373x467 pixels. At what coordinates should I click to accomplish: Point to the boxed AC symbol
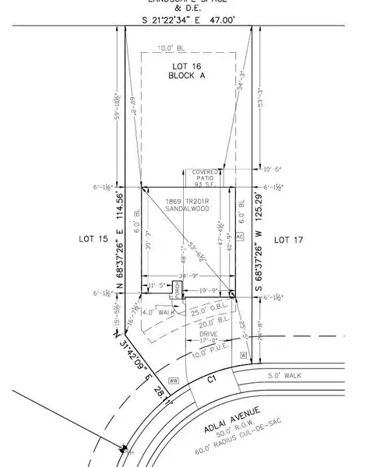[x=240, y=235]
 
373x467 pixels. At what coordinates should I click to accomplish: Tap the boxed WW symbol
[x=174, y=381]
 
